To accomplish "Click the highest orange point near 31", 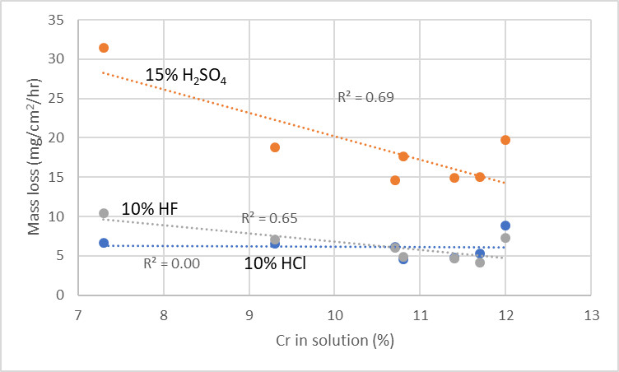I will [104, 48].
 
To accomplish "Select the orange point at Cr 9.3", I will [275, 147].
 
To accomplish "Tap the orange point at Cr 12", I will [505, 140].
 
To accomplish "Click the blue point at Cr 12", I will [505, 226].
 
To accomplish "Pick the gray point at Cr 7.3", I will [104, 213].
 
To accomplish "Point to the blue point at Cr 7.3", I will [104, 243].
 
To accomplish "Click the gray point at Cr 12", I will [505, 238].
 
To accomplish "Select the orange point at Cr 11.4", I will [454, 178].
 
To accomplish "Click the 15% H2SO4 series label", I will [185, 77].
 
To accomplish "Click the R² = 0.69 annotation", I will [365, 97].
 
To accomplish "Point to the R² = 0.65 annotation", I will [269, 219].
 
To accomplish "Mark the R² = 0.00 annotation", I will [171, 264].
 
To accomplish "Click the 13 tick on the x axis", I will [591, 315].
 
